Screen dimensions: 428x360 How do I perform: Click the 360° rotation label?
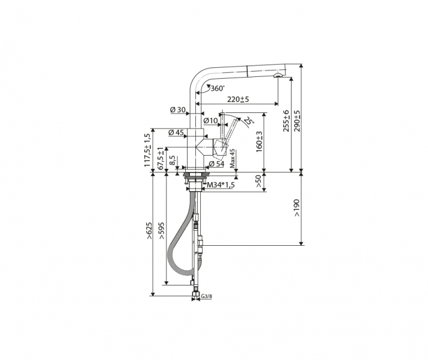(x=218, y=88)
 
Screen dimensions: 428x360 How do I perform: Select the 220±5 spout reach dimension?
(x=238, y=99)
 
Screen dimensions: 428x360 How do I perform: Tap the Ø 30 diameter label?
(x=178, y=110)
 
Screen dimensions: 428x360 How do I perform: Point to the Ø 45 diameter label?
(x=176, y=133)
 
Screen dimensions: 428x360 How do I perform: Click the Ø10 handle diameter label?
(x=210, y=120)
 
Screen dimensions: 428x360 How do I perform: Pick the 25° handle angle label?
(x=248, y=120)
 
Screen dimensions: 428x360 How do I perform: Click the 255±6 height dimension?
(x=286, y=121)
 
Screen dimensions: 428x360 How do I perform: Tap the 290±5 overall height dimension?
(x=297, y=121)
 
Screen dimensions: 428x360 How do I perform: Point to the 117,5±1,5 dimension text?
(x=148, y=150)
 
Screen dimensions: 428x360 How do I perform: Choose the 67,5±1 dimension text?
(x=160, y=158)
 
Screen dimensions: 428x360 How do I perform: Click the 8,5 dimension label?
(x=173, y=160)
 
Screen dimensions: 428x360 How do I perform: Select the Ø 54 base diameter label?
(x=216, y=163)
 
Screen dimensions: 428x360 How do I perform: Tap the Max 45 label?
(x=232, y=159)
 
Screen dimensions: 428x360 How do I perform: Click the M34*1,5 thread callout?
(x=221, y=185)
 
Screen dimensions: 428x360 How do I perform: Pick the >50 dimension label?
(x=258, y=182)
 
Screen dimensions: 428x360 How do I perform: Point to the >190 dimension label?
(x=297, y=209)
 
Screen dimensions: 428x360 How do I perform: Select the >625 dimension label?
(x=148, y=231)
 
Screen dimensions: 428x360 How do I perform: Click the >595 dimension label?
(x=162, y=231)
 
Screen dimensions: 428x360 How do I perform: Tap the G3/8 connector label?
(x=207, y=296)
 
